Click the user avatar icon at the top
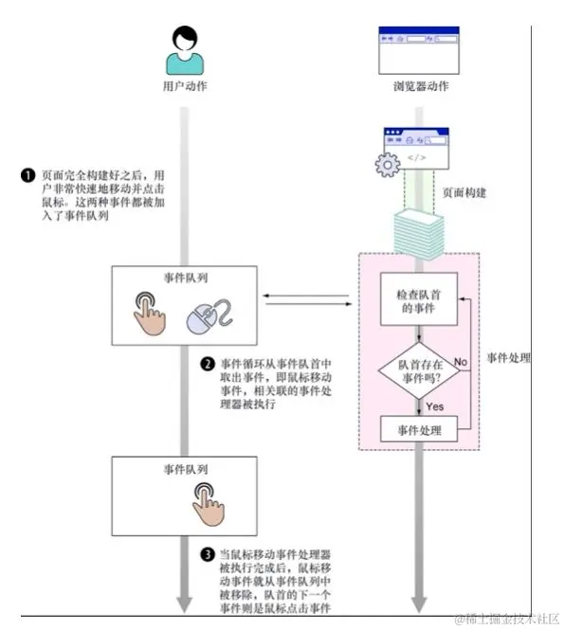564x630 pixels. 186,49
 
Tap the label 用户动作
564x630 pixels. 186,86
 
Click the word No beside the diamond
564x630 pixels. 461,362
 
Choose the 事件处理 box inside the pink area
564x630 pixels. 418,431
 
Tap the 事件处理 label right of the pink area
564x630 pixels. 508,359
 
